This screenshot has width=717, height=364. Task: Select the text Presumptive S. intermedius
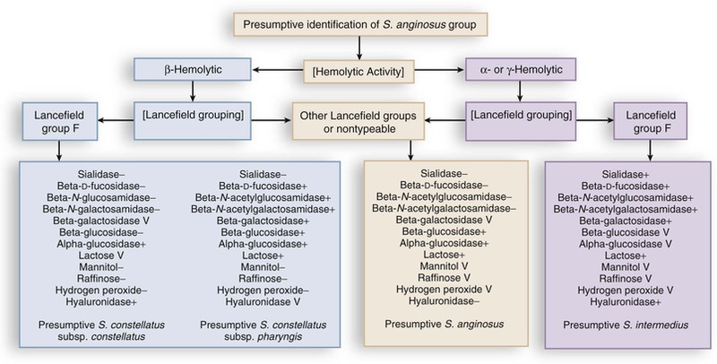tap(611, 322)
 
